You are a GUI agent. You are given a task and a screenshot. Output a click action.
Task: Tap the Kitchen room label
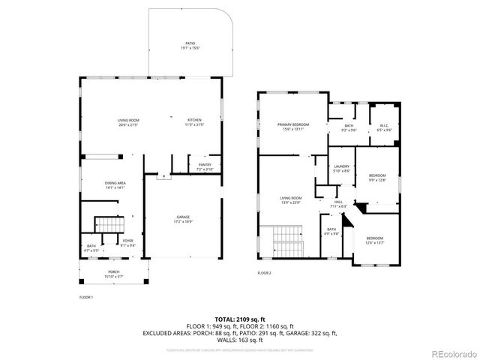click(x=194, y=122)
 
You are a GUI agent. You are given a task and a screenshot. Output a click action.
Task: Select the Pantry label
click(x=204, y=167)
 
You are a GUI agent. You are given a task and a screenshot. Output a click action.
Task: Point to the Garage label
click(x=183, y=219)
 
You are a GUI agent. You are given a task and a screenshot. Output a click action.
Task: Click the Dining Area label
click(x=114, y=185)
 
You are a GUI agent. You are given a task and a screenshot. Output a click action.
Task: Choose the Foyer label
click(x=128, y=242)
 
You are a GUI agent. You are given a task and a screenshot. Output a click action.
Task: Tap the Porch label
click(x=113, y=274)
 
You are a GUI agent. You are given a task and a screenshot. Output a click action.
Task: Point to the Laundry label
click(x=341, y=169)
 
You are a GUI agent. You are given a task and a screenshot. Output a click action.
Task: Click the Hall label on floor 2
click(x=338, y=204)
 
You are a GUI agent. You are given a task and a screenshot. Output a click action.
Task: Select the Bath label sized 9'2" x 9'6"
click(x=349, y=127)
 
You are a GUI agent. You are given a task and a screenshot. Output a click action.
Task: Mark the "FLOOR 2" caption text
click(x=264, y=273)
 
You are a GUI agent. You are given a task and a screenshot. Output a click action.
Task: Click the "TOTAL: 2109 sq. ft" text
click(x=239, y=319)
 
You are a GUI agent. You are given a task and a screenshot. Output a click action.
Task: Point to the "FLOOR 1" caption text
click(x=86, y=298)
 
